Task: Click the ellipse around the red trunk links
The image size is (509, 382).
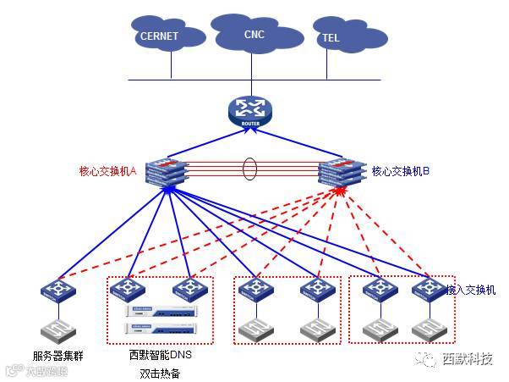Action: tap(250, 168)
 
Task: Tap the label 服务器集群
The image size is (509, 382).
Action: tap(57, 357)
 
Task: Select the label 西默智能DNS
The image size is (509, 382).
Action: tap(161, 356)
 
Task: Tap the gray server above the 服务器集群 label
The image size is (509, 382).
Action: tap(57, 330)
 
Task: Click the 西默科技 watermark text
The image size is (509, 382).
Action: tap(467, 358)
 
